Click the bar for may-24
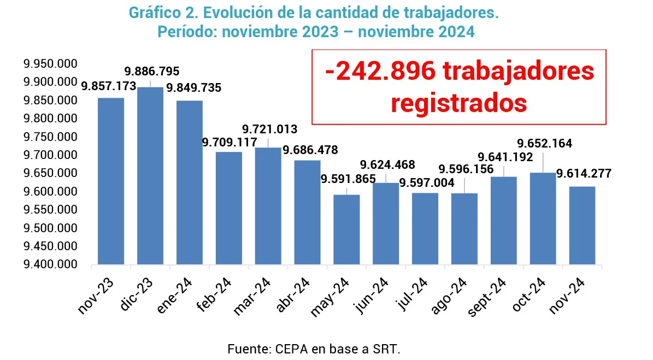click(x=346, y=229)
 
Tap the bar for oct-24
click(x=543, y=219)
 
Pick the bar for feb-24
click(x=229, y=208)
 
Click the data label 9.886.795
click(x=152, y=72)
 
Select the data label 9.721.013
click(x=270, y=129)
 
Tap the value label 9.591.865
click(x=348, y=179)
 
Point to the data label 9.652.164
click(x=545, y=144)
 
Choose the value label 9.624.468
click(x=387, y=164)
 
